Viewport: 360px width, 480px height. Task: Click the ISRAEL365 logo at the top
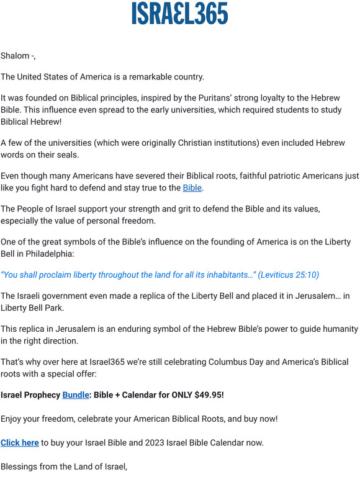tap(180, 14)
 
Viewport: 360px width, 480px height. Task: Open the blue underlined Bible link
tap(192, 187)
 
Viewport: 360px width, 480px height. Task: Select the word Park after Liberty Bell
tap(53, 308)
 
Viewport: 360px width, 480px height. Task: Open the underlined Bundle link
tap(76, 394)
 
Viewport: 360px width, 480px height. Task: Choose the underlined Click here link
tap(20, 442)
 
